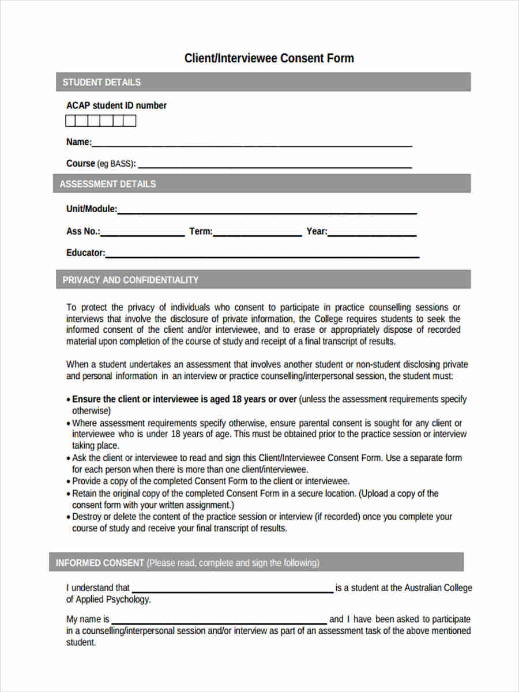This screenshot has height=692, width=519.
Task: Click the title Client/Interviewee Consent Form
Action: [269, 58]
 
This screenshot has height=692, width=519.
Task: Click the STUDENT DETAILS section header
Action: [101, 82]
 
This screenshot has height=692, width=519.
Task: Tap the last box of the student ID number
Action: [130, 121]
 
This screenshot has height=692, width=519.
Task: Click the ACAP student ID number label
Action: [116, 106]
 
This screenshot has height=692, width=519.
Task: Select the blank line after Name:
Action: [251, 145]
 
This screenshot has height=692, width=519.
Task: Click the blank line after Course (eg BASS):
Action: [274, 166]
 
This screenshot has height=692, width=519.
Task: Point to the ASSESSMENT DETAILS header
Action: [108, 184]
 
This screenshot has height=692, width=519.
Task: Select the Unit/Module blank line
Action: [266, 212]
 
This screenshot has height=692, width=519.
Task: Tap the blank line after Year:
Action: [371, 234]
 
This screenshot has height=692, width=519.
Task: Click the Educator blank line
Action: [262, 255]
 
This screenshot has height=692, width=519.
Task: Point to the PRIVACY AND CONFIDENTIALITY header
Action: [130, 280]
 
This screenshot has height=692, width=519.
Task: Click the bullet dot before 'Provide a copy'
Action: [69, 482]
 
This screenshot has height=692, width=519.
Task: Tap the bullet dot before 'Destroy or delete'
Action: [69, 517]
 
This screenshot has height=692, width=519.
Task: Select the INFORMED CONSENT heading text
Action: [100, 563]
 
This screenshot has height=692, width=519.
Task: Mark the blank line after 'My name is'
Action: [219, 622]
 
